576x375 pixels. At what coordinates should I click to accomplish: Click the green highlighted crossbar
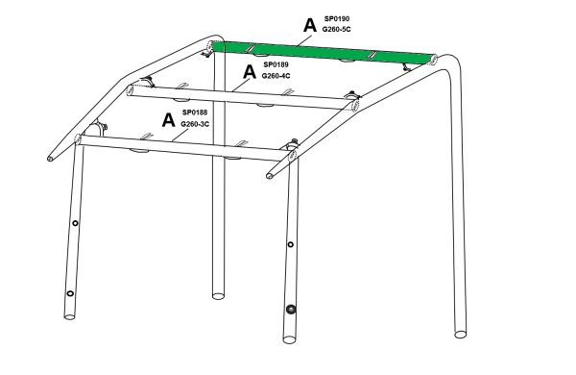(x=324, y=52)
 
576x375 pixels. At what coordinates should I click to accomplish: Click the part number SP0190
(x=337, y=18)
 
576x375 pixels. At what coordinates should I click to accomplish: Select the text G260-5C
(x=337, y=29)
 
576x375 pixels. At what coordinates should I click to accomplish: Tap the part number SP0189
(x=276, y=64)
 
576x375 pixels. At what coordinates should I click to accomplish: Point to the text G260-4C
(x=276, y=76)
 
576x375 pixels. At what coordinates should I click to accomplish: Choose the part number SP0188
(x=195, y=112)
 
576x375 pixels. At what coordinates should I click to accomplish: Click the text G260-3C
(x=195, y=124)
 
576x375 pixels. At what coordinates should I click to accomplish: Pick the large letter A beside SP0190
(x=310, y=25)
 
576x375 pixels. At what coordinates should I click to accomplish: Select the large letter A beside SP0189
(x=250, y=71)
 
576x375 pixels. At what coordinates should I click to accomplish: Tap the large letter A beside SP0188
(x=168, y=120)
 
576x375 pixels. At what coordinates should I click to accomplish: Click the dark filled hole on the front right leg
(x=291, y=309)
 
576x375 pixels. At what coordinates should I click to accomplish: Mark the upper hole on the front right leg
(x=290, y=244)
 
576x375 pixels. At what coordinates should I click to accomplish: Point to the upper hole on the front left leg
(x=75, y=223)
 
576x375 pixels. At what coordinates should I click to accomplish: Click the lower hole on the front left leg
(x=70, y=293)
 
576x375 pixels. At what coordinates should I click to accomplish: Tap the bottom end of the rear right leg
(x=461, y=335)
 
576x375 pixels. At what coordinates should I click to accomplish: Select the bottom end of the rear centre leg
(x=218, y=295)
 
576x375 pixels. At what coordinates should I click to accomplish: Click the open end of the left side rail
(x=50, y=159)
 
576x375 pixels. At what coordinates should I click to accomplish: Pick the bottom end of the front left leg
(x=70, y=315)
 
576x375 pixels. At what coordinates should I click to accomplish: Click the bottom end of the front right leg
(x=289, y=339)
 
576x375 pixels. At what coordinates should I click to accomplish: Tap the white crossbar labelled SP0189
(x=243, y=97)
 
